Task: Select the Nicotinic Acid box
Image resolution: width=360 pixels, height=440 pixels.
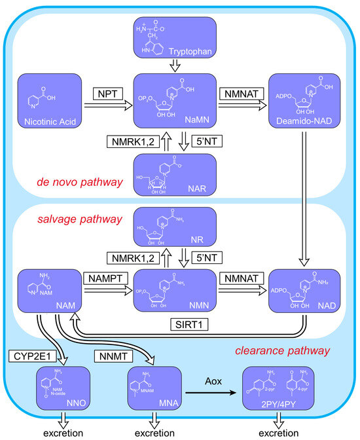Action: point(50,100)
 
